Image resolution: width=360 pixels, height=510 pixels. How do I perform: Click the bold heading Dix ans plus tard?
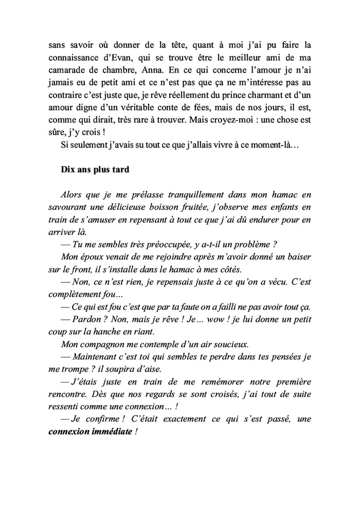point(95,170)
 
